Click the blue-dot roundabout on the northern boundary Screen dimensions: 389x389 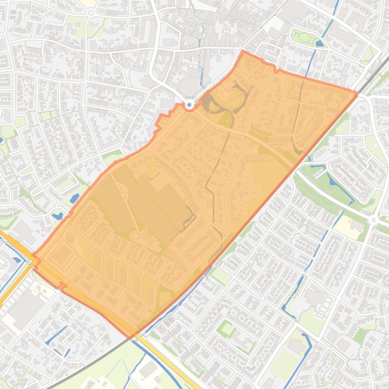click(x=190, y=105)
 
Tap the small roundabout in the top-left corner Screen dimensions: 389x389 click(x=91, y=13)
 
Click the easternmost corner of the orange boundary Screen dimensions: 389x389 click(x=357, y=92)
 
